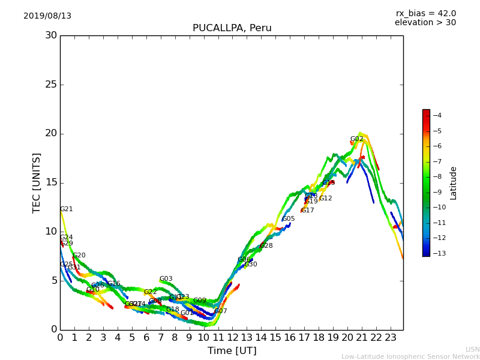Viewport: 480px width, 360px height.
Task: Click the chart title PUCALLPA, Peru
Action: (x=232, y=28)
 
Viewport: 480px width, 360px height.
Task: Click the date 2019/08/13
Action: (x=47, y=16)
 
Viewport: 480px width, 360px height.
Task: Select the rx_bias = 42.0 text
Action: (x=425, y=14)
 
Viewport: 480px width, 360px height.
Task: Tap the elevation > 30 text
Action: (x=425, y=23)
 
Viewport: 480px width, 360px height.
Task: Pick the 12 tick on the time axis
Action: (x=233, y=338)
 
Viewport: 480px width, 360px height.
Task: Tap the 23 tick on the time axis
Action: (x=391, y=338)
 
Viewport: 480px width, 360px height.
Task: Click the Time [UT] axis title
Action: (x=232, y=351)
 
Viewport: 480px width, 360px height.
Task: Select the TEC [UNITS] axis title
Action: (x=37, y=182)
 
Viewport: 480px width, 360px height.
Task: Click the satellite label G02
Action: (x=356, y=139)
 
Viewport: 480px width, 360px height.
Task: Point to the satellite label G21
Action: (x=66, y=209)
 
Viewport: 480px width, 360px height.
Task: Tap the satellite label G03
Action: (x=166, y=279)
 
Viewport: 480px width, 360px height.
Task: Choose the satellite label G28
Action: (x=266, y=246)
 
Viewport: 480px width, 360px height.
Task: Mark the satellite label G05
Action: (x=288, y=219)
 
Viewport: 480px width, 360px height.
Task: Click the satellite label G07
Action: (x=220, y=311)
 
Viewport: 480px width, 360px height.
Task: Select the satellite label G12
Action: (x=325, y=199)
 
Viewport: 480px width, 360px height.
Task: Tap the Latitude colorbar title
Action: (x=454, y=182)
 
